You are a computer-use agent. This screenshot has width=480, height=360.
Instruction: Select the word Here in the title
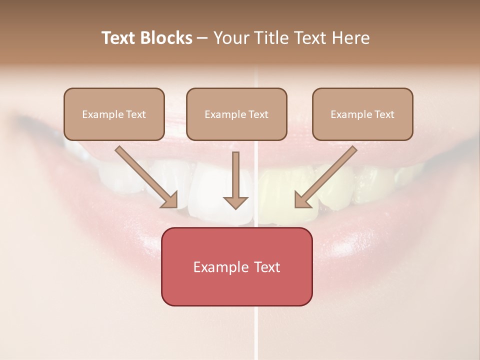[351, 38]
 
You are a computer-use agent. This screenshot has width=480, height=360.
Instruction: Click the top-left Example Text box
[114, 114]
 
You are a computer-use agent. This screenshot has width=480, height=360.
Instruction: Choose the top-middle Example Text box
[236, 114]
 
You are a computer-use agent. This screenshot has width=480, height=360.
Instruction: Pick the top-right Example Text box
[362, 114]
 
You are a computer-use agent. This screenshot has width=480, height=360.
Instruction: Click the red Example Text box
[236, 266]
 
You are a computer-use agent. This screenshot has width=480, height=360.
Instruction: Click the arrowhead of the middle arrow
[235, 202]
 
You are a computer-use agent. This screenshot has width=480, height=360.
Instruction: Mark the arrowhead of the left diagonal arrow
[170, 200]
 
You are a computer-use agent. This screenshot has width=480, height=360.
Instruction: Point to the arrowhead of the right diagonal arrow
[302, 200]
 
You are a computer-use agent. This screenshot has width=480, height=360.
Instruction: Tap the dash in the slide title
[203, 38]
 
